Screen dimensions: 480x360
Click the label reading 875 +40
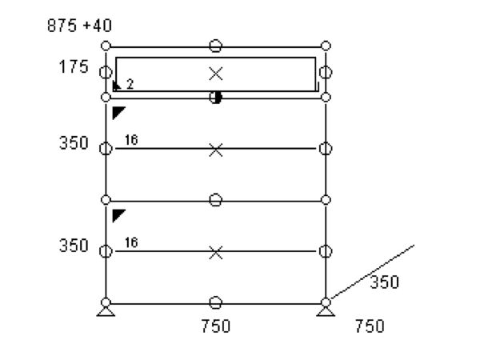pyautogui.click(x=79, y=26)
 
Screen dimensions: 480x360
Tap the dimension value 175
pyautogui.click(x=74, y=66)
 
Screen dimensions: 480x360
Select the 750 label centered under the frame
pyautogui.click(x=216, y=326)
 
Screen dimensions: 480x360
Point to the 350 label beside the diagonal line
pyautogui.click(x=385, y=282)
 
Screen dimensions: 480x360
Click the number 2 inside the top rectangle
pyautogui.click(x=130, y=84)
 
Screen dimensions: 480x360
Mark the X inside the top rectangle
pyautogui.click(x=216, y=74)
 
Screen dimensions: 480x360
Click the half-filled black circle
pyautogui.click(x=216, y=98)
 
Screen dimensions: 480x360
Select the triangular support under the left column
pyautogui.click(x=106, y=311)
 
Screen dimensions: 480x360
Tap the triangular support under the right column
pyautogui.click(x=326, y=311)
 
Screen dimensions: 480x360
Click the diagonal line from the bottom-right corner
pyautogui.click(x=373, y=271)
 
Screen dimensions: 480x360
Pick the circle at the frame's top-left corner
pyautogui.click(x=106, y=46)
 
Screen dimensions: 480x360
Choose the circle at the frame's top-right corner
pyautogui.click(x=326, y=46)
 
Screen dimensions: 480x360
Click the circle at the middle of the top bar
pyautogui.click(x=215, y=46)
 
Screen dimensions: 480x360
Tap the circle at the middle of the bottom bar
pyautogui.click(x=215, y=302)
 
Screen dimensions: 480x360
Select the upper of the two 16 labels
pyautogui.click(x=131, y=140)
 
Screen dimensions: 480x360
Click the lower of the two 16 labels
pyautogui.click(x=131, y=242)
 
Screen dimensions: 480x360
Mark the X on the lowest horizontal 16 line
pyautogui.click(x=216, y=253)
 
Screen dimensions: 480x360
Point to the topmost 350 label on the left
pyautogui.click(x=74, y=143)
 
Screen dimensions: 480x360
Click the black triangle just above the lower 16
pyautogui.click(x=118, y=214)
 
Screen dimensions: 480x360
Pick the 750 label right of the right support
pyautogui.click(x=370, y=326)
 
